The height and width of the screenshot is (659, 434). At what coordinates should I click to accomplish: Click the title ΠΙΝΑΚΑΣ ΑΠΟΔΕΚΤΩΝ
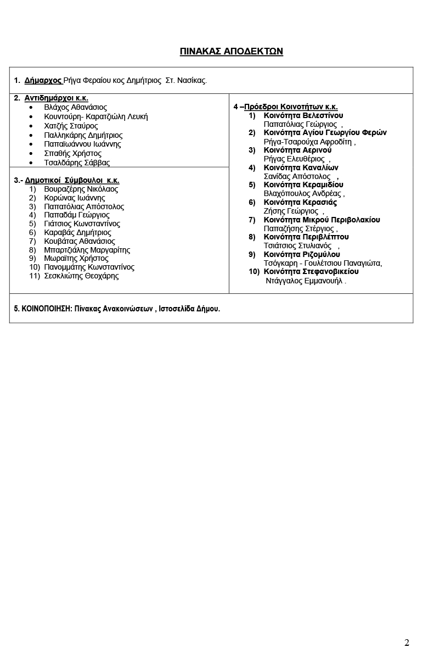(231, 52)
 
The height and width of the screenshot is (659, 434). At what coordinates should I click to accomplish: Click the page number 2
(407, 643)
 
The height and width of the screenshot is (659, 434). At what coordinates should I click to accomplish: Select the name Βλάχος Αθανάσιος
(75, 107)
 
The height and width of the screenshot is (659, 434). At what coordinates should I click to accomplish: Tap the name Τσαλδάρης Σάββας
(77, 163)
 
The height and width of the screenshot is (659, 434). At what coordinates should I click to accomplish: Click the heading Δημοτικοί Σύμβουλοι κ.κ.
(72, 180)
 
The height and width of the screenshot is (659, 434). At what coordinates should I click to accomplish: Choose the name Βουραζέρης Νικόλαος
(81, 189)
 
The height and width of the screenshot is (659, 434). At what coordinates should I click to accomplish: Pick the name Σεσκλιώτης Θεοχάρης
(81, 276)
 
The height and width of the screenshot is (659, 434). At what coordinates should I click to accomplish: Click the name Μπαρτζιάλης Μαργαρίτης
(87, 250)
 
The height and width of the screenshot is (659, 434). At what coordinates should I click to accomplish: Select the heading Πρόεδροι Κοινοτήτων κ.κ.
(291, 107)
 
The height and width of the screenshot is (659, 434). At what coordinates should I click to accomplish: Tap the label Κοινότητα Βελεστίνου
(303, 115)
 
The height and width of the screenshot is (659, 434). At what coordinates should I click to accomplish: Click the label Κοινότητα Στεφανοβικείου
(311, 271)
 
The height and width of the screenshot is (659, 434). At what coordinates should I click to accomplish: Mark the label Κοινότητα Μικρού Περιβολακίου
(322, 220)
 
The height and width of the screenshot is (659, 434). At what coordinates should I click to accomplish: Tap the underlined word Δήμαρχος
(43, 80)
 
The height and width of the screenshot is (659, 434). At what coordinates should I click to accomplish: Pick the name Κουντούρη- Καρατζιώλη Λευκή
(95, 116)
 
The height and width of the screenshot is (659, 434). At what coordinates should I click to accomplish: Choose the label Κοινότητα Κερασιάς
(300, 202)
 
